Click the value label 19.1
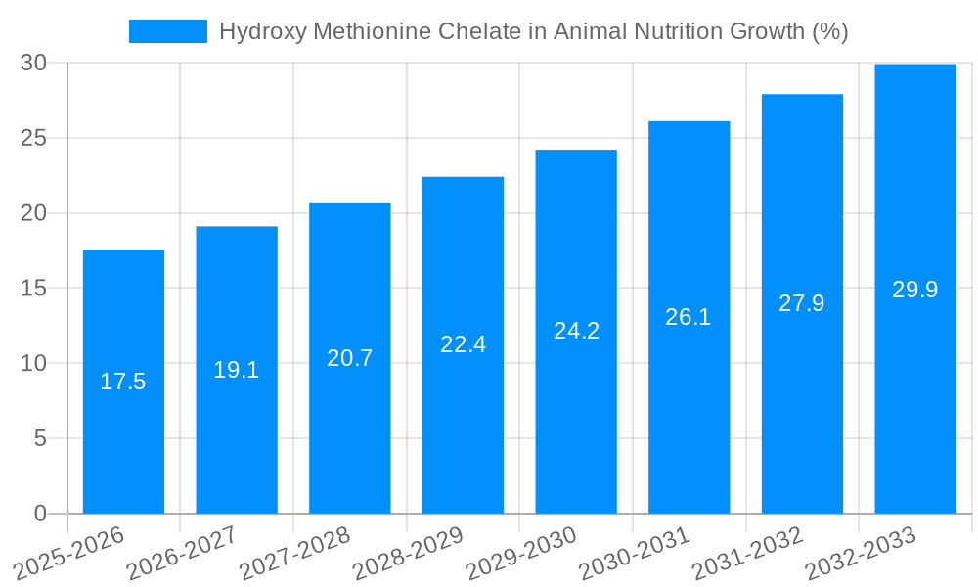pos(237,370)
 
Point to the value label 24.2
pos(576,331)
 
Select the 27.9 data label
pos(802,303)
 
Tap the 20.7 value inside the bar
pos(349,358)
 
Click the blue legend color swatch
pos(167,31)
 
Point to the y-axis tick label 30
pos(33,63)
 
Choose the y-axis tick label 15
pos(33,289)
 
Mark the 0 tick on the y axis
pos(40,514)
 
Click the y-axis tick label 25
pos(33,138)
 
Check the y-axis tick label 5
pos(40,438)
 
